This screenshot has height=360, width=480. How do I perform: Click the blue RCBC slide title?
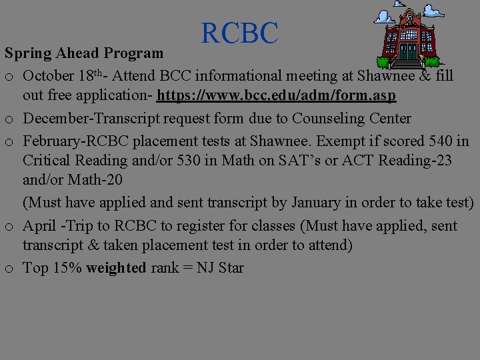[x=239, y=33]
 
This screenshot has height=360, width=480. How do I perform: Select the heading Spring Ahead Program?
[x=83, y=53]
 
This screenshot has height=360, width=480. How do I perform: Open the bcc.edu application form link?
[x=277, y=96]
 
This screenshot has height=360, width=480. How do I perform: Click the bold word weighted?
[x=116, y=268]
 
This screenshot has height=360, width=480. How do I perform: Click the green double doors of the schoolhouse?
[x=407, y=51]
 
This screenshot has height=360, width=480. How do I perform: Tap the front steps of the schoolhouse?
[x=407, y=64]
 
